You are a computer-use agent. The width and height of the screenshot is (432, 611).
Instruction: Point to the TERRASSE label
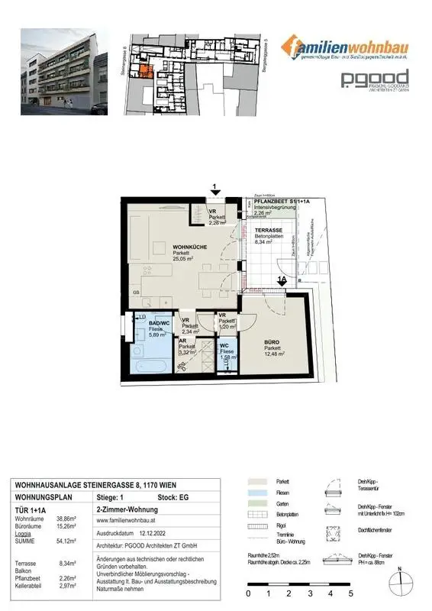(x=269, y=230)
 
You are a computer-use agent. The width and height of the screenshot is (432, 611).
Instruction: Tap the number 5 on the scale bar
(x=350, y=593)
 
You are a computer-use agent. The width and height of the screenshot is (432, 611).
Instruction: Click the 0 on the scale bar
(x=248, y=593)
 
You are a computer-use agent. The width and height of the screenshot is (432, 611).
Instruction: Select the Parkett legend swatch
(x=257, y=483)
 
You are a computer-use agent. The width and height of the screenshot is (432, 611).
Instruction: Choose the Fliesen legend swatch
(x=257, y=494)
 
